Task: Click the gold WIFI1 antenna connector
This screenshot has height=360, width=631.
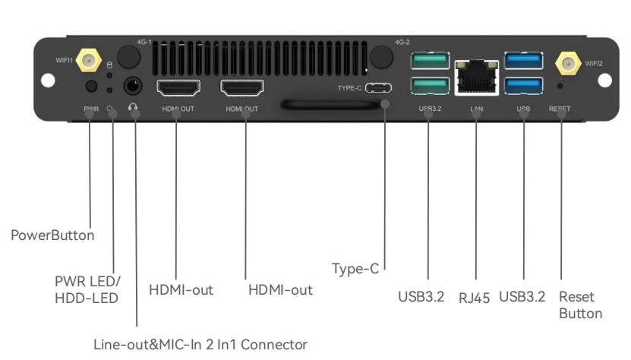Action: click(89, 61)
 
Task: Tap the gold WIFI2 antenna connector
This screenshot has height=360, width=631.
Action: click(568, 64)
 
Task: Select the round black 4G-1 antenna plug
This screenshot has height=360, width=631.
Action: click(129, 57)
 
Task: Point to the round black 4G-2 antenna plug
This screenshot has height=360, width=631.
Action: click(381, 57)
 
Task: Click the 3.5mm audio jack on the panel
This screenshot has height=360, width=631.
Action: click(133, 86)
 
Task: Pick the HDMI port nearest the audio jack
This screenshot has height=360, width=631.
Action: click(178, 88)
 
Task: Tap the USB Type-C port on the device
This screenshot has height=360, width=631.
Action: click(378, 88)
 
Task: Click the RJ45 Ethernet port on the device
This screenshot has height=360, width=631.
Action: click(476, 77)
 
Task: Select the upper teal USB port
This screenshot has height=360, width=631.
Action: click(431, 61)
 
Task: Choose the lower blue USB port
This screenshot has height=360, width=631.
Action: click(523, 86)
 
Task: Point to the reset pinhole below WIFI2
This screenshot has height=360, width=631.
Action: click(560, 86)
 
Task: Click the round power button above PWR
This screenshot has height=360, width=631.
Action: click(92, 86)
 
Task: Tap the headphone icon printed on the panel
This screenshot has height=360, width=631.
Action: click(133, 107)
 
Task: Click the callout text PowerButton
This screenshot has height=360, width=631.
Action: click(52, 235)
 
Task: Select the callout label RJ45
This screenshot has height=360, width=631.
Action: click(474, 298)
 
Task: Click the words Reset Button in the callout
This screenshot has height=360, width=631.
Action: click(580, 305)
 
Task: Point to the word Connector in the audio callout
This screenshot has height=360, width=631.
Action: click(273, 345)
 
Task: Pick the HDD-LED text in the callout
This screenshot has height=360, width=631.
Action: click(87, 298)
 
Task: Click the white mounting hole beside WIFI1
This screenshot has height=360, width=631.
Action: click(48, 81)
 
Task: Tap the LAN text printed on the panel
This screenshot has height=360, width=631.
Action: click(476, 109)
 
